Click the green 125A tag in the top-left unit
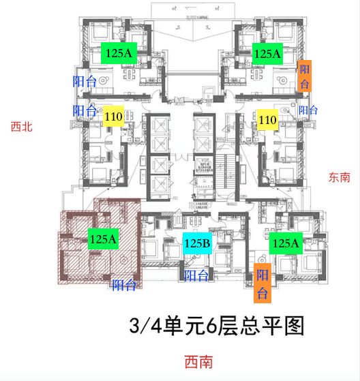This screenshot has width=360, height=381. coord(119,53)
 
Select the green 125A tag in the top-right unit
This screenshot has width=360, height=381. coord(267,54)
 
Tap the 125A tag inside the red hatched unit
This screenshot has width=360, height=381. coord(103,239)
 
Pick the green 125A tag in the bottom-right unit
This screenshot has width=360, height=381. coord(286,243)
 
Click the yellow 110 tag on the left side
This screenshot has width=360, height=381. coord(113,116)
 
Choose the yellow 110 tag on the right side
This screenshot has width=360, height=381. coord(268,119)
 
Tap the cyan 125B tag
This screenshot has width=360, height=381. coord(197,243)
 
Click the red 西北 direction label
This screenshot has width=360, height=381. coord(22,127)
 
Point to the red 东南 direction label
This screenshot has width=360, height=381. coord(340,177)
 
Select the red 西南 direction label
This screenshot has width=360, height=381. coord(199,362)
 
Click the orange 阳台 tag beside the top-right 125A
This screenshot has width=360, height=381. coord(305,76)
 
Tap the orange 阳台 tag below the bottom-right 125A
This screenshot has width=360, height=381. coord(262,283)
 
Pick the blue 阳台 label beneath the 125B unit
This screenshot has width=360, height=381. coord(196,275)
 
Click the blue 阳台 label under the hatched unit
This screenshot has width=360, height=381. coord(123,285)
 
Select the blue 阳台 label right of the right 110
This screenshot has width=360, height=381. coord(308,110)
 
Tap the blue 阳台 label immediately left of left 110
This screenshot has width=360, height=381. coord(85,110)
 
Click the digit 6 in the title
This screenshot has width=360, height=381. coord(211,326)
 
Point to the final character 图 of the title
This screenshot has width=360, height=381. coord(295,326)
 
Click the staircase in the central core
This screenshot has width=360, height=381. coord(226,170)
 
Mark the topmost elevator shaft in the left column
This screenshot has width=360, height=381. coord(160,125)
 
